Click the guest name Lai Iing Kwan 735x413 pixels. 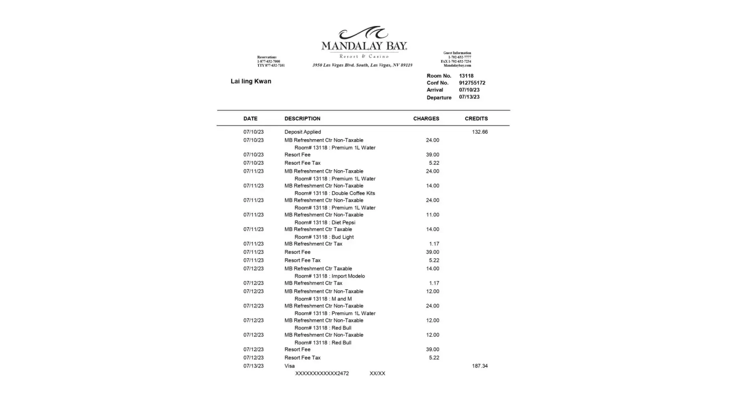[251, 81]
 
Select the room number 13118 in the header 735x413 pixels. [466, 76]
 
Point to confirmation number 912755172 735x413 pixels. [472, 83]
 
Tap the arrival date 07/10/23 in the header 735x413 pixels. [469, 90]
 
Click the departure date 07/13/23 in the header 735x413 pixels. [469, 97]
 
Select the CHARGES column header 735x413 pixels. [426, 119]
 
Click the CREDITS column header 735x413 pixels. [476, 119]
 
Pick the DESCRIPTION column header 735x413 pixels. [302, 119]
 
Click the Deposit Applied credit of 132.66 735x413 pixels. [480, 132]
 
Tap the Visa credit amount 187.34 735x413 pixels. [480, 366]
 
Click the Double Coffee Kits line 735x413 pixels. [334, 193]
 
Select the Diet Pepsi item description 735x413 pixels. [325, 223]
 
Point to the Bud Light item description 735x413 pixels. [324, 237]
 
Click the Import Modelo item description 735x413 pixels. [329, 276]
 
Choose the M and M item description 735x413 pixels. [323, 299]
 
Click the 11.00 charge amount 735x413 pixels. [432, 215]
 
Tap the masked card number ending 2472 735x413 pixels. [322, 373]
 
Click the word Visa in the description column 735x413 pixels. [289, 366]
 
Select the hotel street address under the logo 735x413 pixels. [362, 65]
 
